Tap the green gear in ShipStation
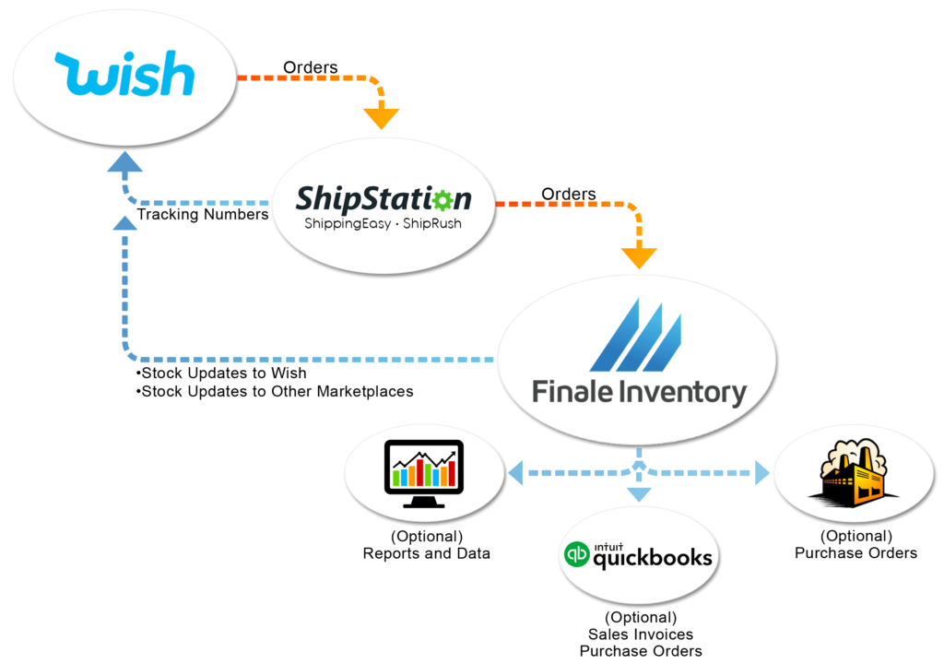click(444, 199)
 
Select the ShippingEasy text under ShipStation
click(344, 224)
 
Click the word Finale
click(572, 392)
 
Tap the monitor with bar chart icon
click(423, 473)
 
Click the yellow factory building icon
click(853, 473)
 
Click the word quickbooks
click(653, 558)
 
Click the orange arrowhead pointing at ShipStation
click(381, 118)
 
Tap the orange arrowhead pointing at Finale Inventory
click(639, 257)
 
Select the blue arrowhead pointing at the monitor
click(513, 473)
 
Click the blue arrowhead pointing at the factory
click(762, 473)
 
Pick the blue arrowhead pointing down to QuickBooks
click(639, 494)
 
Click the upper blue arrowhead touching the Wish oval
click(124, 163)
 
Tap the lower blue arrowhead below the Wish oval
click(124, 222)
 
